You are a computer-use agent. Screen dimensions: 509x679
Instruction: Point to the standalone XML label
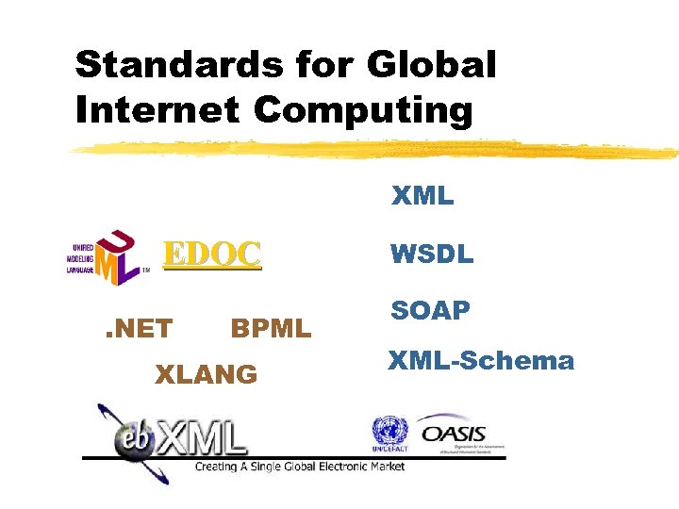(422, 197)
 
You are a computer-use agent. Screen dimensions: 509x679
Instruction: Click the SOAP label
(430, 311)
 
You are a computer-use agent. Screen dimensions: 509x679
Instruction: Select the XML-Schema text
(482, 360)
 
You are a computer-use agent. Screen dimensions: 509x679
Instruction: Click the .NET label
(138, 328)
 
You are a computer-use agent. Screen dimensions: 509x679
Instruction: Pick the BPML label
(271, 328)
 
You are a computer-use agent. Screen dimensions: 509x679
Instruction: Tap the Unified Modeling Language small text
(79, 257)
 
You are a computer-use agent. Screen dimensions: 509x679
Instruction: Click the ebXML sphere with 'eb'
(132, 436)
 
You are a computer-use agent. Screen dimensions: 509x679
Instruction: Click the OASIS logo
(454, 434)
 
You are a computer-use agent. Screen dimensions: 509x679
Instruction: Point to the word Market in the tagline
(386, 467)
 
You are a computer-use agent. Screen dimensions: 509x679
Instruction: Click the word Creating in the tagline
(217, 467)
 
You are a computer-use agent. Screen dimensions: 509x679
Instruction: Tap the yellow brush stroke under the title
(377, 148)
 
